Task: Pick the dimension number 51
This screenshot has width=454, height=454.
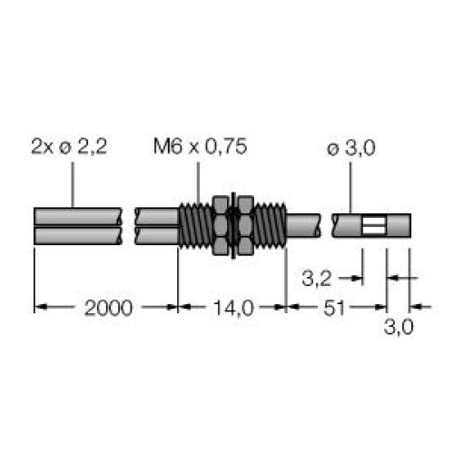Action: pos(334,308)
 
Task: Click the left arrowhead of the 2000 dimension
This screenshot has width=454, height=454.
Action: pos(40,308)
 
